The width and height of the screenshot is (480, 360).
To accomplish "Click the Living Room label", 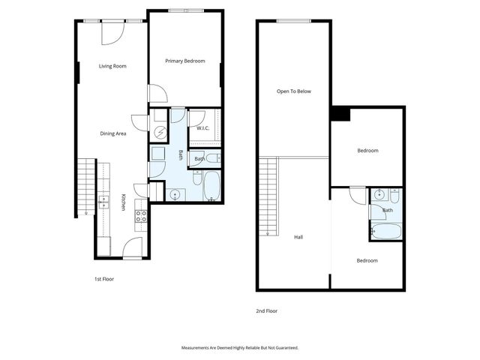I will [112, 66].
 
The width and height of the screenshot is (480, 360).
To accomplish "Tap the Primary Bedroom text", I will [184, 61].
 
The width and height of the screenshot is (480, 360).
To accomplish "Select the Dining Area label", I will [112, 133].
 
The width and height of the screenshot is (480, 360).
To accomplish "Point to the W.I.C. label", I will [202, 128].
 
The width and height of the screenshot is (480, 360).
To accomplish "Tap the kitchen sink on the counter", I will [103, 201].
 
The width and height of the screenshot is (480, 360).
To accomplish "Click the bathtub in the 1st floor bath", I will [211, 186].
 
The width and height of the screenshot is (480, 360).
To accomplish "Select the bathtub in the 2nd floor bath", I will [385, 231].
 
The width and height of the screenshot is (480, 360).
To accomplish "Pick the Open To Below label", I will [293, 91].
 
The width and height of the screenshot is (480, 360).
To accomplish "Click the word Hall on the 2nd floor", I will [298, 237].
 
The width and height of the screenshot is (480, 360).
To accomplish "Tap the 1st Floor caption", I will [103, 279].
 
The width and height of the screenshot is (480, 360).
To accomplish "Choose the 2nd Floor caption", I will [267, 310].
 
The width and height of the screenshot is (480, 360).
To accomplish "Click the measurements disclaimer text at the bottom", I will [240, 348].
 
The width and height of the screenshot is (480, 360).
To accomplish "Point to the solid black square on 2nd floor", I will [340, 113].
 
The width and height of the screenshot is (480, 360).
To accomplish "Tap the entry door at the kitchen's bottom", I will [132, 247].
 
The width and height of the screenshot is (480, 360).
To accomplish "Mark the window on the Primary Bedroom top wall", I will [184, 10].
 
